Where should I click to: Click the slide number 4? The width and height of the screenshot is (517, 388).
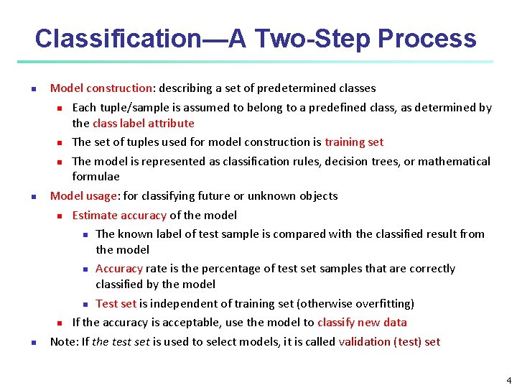pyautogui.click(x=508, y=380)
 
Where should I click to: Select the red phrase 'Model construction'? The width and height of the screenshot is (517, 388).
pyautogui.click(x=101, y=88)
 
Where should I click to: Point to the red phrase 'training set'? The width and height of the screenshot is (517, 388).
pyautogui.click(x=354, y=142)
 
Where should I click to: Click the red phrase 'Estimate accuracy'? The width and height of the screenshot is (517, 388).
pyautogui.click(x=119, y=215)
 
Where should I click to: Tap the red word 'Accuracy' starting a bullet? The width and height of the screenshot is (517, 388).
pyautogui.click(x=119, y=268)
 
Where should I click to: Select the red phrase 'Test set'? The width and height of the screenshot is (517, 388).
pyautogui.click(x=116, y=303)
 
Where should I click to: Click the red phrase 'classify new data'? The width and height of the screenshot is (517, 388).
pyautogui.click(x=362, y=322)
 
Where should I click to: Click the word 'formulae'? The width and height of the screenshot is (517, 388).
pyautogui.click(x=96, y=176)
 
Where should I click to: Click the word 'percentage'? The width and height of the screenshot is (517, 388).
pyautogui.click(x=218, y=268)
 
